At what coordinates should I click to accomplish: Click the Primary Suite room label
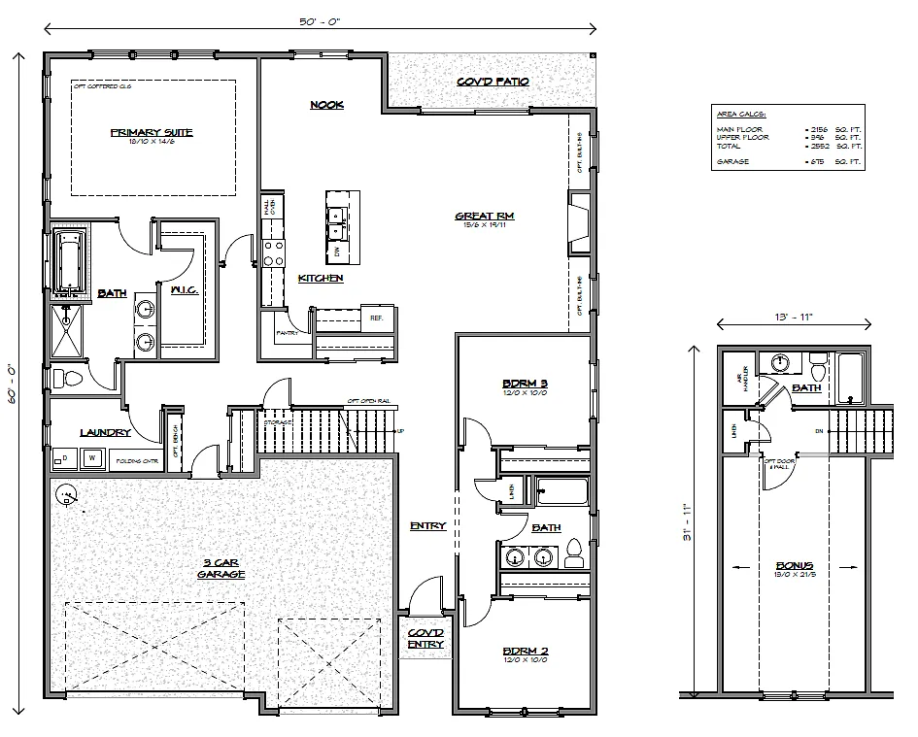(x=151, y=132)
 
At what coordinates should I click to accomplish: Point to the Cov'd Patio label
(x=493, y=82)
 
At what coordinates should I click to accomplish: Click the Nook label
(x=326, y=105)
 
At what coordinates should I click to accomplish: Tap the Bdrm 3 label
(x=525, y=382)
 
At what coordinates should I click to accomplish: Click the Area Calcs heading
(x=739, y=115)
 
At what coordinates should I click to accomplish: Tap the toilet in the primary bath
(x=61, y=378)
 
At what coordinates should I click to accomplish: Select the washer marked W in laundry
(x=94, y=458)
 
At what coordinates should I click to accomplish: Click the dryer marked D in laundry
(x=64, y=458)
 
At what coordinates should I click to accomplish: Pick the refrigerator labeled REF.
(x=376, y=317)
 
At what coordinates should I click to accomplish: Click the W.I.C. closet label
(x=184, y=289)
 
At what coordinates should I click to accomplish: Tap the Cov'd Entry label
(x=426, y=638)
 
